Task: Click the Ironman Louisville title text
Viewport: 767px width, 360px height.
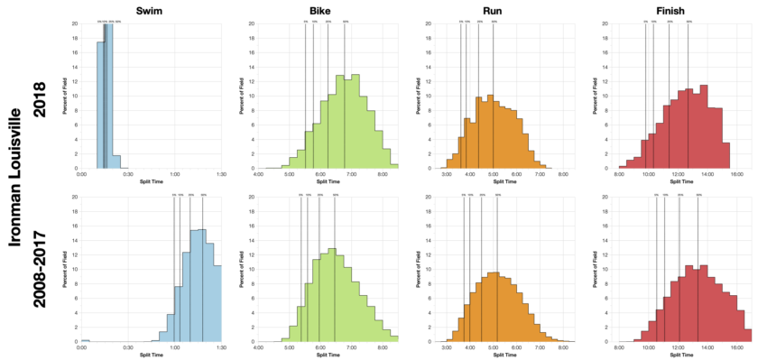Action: tap(15, 180)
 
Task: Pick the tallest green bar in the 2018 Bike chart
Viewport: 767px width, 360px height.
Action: tap(356, 121)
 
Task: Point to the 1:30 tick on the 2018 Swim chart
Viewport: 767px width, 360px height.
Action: tap(221, 174)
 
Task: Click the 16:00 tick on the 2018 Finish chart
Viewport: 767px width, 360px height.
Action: tap(736, 174)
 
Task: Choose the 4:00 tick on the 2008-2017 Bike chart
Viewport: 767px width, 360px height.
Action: tap(259, 348)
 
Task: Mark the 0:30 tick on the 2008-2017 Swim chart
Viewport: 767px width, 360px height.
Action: tap(128, 348)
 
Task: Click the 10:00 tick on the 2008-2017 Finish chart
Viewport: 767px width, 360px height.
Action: tap(649, 348)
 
